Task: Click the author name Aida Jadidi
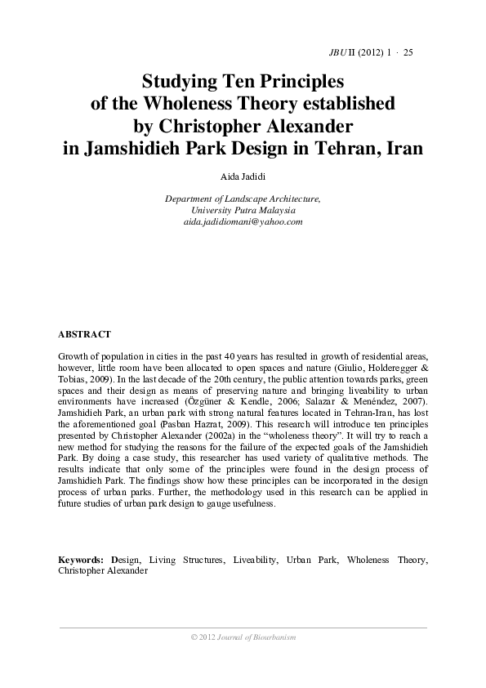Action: (243, 176)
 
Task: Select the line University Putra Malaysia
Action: (242, 210)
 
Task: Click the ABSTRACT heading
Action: (85, 335)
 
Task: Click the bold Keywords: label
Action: (80, 560)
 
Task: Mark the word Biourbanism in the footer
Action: (271, 637)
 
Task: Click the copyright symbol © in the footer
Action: (192, 637)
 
